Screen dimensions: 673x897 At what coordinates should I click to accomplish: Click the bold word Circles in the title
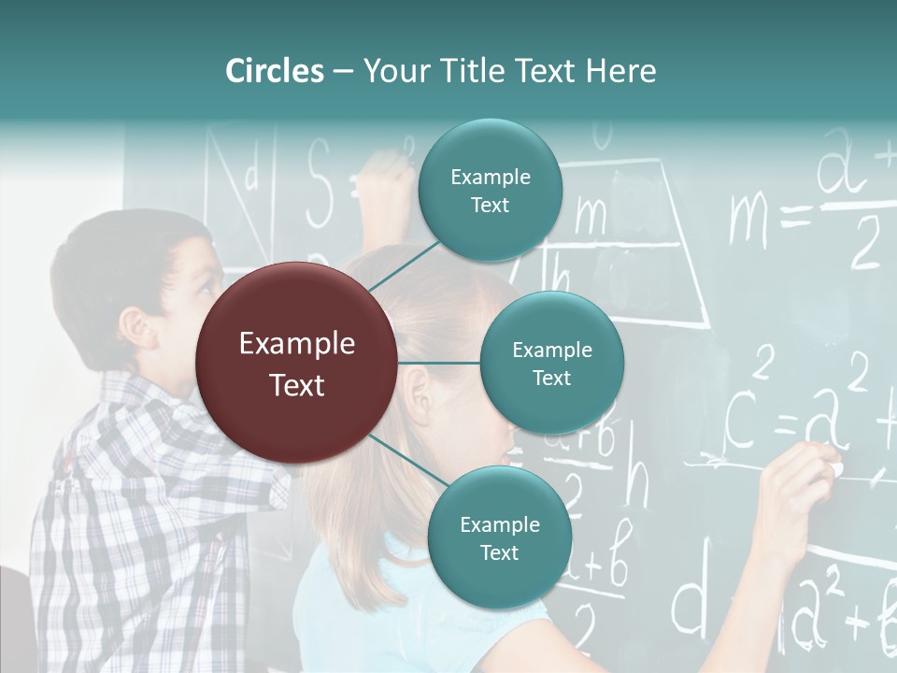click(x=274, y=71)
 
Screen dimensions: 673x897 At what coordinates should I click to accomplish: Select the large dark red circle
click(x=297, y=363)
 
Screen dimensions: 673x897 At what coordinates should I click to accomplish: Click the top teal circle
click(x=491, y=191)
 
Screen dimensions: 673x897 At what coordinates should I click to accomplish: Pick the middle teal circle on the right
click(x=552, y=363)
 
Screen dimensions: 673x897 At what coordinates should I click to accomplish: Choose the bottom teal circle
click(x=499, y=537)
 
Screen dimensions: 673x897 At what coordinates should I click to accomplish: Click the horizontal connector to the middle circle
click(x=439, y=363)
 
